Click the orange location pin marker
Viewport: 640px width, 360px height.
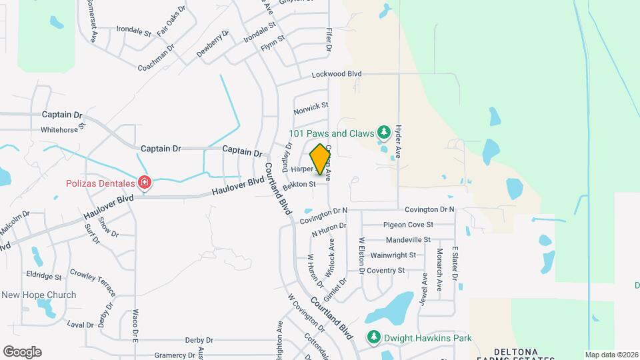pos(321,159)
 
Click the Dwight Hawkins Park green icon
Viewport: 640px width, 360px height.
pos(374,338)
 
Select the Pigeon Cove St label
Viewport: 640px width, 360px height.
pos(407,225)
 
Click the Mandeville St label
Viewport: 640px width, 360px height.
pos(408,239)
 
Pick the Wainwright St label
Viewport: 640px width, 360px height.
pos(393,255)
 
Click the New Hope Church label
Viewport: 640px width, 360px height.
pos(39,295)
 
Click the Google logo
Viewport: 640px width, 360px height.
pos(22,352)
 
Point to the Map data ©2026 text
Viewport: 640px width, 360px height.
pos(611,355)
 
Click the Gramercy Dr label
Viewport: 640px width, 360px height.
pos(175,355)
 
